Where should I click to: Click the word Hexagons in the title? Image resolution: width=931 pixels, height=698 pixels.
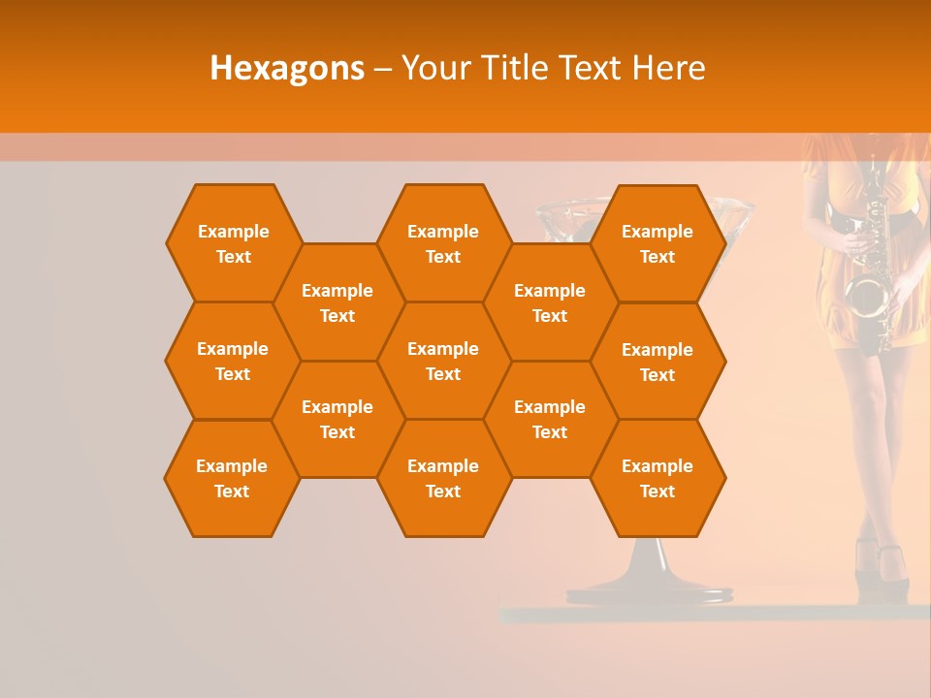[x=287, y=68]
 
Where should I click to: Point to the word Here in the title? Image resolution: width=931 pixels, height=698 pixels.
[x=669, y=68]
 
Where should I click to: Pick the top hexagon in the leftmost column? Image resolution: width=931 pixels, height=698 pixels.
[x=233, y=243]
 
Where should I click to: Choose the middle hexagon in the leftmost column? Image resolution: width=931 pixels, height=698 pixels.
[x=233, y=361]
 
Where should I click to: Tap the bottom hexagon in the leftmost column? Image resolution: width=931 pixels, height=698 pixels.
[x=232, y=478]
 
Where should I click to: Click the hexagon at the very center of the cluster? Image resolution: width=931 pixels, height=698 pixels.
[x=443, y=361]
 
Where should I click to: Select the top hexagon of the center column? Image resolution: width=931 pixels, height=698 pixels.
[x=443, y=243]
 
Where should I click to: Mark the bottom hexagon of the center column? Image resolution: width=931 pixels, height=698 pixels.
[x=443, y=478]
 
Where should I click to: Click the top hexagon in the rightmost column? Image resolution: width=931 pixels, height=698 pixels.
[x=658, y=243]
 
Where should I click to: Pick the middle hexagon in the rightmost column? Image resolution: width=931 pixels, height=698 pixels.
[x=658, y=362]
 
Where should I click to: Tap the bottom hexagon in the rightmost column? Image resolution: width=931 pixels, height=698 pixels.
[x=658, y=478]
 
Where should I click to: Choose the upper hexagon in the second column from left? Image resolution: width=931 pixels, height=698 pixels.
[x=337, y=302]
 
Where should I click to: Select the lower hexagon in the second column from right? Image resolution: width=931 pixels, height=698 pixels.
[x=550, y=419]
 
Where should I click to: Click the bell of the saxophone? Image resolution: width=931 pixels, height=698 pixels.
[x=866, y=295]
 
